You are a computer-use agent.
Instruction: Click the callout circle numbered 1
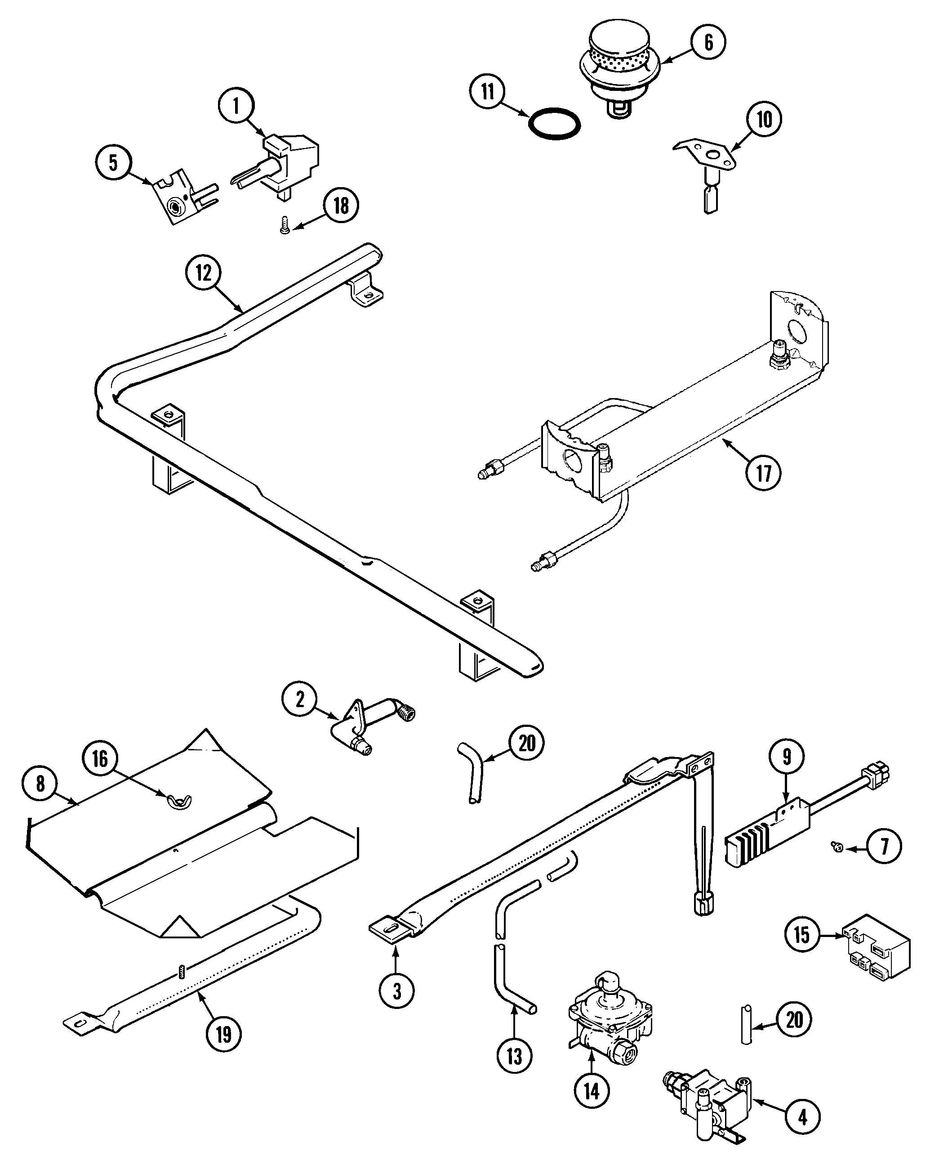coord(236,106)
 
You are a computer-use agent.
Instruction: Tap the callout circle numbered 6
coord(708,42)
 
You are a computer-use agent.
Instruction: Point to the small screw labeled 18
coord(284,226)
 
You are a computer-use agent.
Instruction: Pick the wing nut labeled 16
coord(178,802)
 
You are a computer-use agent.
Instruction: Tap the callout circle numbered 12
coord(204,273)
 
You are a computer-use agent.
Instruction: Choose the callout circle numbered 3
coord(397,991)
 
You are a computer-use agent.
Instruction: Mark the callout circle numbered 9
coord(787,757)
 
